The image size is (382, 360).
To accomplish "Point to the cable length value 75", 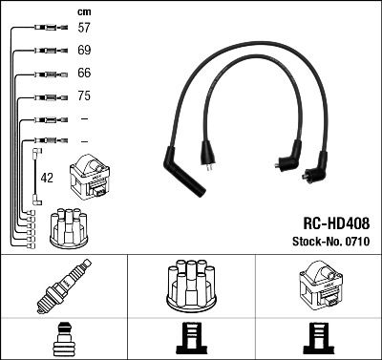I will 83,96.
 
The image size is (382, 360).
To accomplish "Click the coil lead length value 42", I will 46,178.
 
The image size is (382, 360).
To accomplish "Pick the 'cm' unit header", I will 82,11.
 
